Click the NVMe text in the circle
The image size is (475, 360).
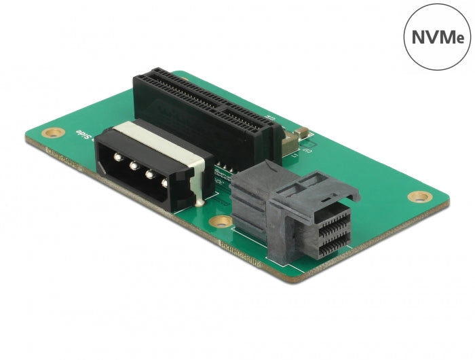click(438, 35)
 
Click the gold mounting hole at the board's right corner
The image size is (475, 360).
click(420, 197)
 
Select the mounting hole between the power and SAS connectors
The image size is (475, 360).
click(218, 222)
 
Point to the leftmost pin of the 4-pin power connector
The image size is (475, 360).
click(117, 158)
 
